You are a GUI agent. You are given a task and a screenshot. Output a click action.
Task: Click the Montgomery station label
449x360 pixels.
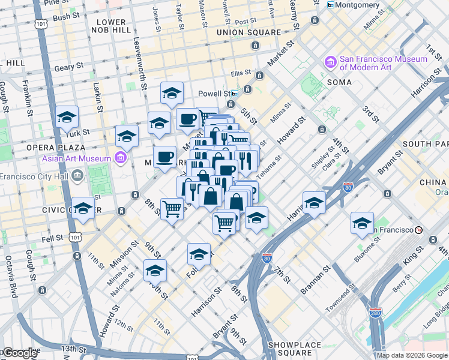tap(358, 5)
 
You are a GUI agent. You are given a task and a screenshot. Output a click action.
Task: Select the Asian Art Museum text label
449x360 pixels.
tap(76, 158)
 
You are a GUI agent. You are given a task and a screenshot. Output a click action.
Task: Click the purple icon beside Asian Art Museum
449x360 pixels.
tap(121, 158)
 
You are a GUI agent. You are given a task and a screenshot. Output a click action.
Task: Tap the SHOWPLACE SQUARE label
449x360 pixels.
tap(296, 345)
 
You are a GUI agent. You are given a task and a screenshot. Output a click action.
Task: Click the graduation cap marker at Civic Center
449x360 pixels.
tap(83, 208)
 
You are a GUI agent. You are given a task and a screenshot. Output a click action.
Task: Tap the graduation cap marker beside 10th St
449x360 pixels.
tap(155, 271)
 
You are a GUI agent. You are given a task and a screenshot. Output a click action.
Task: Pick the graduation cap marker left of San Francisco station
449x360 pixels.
tap(362, 223)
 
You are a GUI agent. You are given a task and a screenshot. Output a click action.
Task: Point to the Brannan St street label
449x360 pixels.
tap(312, 281)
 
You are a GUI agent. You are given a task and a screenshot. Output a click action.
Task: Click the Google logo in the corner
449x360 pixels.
tap(20, 353)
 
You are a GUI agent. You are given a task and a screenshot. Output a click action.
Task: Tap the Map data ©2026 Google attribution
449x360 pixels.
tap(412, 355)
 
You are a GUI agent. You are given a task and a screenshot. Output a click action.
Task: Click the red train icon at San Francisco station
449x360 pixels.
tap(419, 230)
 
